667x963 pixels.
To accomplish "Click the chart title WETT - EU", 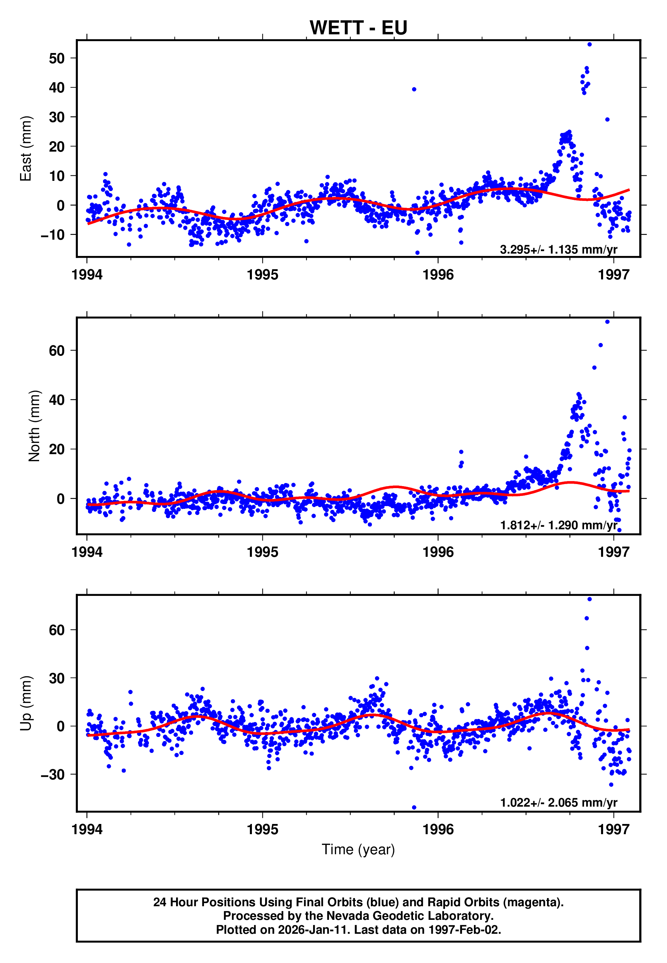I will (x=358, y=28).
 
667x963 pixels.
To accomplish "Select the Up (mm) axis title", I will (x=26, y=703).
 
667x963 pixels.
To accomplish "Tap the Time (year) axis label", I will (x=358, y=849).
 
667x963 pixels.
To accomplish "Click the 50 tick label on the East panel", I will (x=56, y=58).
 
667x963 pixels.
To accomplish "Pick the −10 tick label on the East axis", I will (x=53, y=235).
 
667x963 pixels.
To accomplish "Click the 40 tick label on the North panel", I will (x=56, y=400).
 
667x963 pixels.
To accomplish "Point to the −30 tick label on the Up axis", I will (x=53, y=774).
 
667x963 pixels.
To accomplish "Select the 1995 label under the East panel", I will (x=262, y=275).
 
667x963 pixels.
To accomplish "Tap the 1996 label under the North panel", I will (x=438, y=552).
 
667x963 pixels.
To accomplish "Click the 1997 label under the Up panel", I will (x=614, y=829).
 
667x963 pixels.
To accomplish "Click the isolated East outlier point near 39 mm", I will (x=414, y=89).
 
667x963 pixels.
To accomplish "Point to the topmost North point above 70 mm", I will (x=607, y=322).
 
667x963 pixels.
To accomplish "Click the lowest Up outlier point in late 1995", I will (x=414, y=807).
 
